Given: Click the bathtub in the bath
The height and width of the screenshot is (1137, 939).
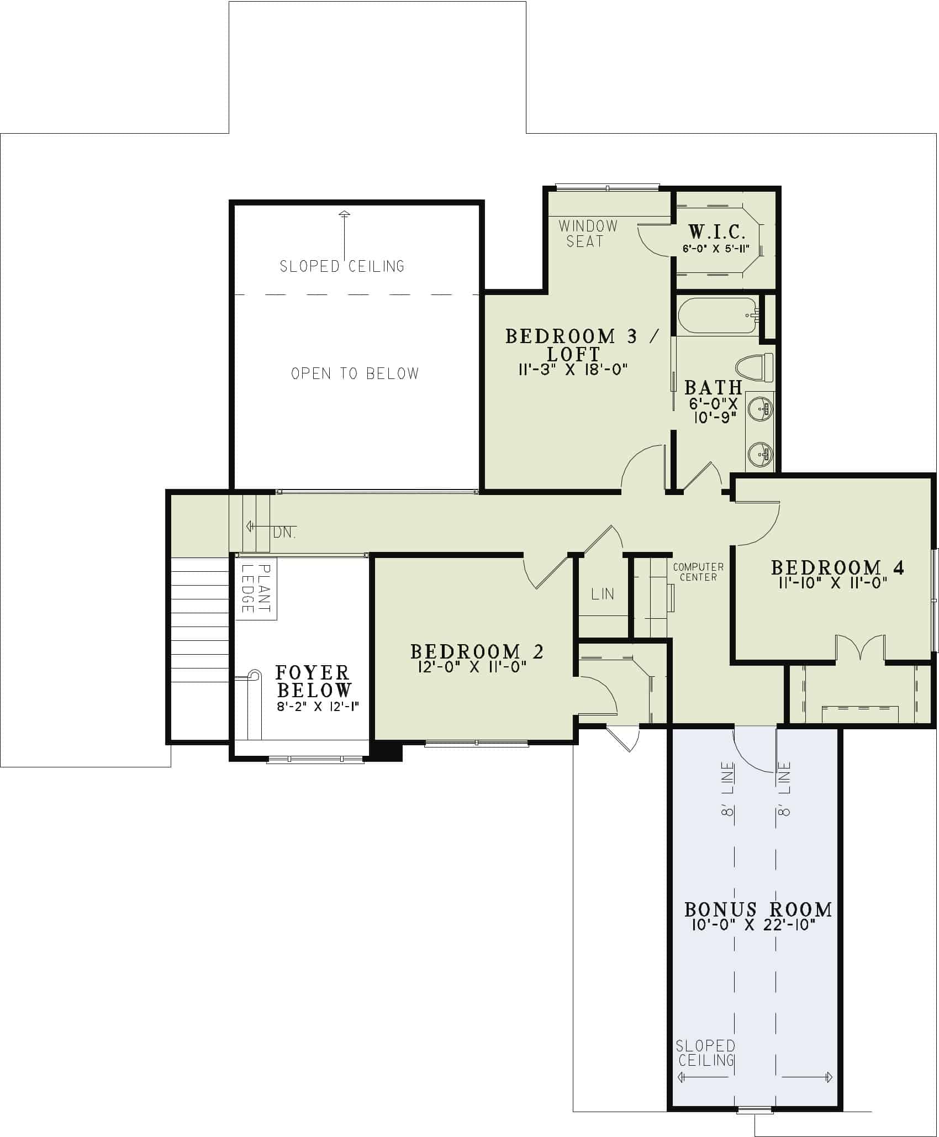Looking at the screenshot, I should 717,315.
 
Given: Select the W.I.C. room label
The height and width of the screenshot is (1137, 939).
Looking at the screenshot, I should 716,231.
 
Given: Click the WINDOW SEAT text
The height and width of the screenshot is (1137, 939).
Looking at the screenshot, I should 587,233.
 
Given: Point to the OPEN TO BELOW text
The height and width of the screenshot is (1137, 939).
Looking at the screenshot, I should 355,374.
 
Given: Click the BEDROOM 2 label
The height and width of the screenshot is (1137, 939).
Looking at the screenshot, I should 477,651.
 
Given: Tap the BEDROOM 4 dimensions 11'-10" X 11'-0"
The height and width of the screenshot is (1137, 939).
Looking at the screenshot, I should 834,582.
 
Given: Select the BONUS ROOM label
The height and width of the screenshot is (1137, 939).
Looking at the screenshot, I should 758,909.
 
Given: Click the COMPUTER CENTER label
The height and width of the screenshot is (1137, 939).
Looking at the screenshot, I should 698,572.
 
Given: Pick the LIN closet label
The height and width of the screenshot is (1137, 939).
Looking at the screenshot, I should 602,594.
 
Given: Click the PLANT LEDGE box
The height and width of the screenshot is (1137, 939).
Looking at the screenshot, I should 256,588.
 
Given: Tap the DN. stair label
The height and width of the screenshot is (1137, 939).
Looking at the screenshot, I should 284,533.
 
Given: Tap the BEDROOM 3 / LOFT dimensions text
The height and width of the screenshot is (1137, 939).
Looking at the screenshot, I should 573,370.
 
